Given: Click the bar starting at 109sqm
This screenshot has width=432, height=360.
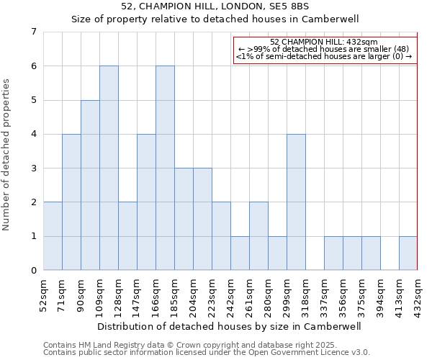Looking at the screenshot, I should [x=109, y=168].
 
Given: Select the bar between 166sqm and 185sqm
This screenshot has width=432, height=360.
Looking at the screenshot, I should [x=165, y=168].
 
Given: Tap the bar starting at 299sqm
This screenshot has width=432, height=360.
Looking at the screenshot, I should [x=296, y=202].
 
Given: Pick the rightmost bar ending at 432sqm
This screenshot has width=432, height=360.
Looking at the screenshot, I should [x=408, y=253].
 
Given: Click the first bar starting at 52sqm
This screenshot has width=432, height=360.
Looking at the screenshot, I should [x=53, y=236].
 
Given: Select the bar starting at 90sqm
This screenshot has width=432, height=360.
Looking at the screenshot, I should [x=90, y=185].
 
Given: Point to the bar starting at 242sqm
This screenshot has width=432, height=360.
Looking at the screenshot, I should [x=240, y=253].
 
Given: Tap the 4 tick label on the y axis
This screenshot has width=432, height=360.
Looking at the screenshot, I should [x=33, y=134].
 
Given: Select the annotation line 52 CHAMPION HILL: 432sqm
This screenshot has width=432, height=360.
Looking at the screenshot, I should [x=325, y=42].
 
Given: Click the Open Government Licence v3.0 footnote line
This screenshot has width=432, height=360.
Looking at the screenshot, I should [x=207, y=353].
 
